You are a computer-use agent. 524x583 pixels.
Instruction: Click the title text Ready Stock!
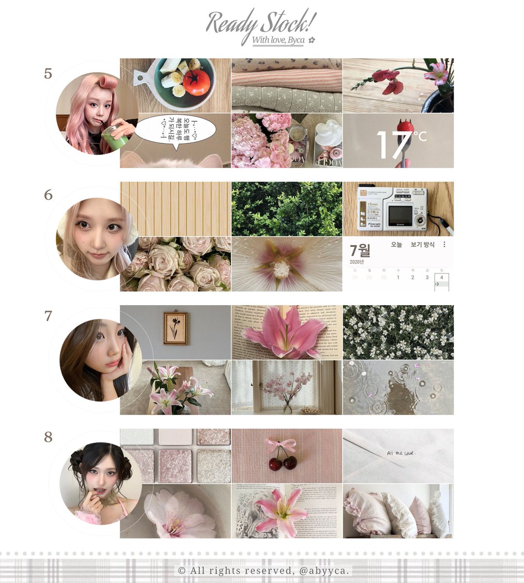261,22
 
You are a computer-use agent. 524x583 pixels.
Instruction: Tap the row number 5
48,74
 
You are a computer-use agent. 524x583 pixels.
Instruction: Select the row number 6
48,195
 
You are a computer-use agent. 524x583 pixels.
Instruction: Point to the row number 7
48,316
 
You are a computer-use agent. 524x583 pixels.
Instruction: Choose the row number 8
48,437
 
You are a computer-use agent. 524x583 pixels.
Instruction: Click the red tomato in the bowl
197,83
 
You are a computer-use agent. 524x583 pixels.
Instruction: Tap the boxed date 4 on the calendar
442,278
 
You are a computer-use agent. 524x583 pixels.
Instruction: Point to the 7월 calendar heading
360,251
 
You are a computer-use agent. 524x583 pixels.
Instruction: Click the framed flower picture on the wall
175,328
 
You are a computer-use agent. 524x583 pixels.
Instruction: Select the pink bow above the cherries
281,444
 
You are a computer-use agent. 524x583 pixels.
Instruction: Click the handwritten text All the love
400,453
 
